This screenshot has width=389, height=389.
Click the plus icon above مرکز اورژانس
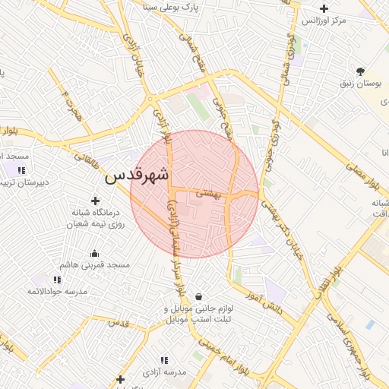(x=324, y=9)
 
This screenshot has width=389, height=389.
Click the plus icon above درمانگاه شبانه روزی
(x=95, y=200)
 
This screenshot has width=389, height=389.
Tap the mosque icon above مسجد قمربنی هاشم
(x=95, y=254)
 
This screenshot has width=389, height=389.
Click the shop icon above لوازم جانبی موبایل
(x=198, y=297)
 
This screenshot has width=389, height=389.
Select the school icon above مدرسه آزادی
(x=163, y=360)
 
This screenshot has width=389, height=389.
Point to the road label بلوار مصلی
(x=362, y=175)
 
